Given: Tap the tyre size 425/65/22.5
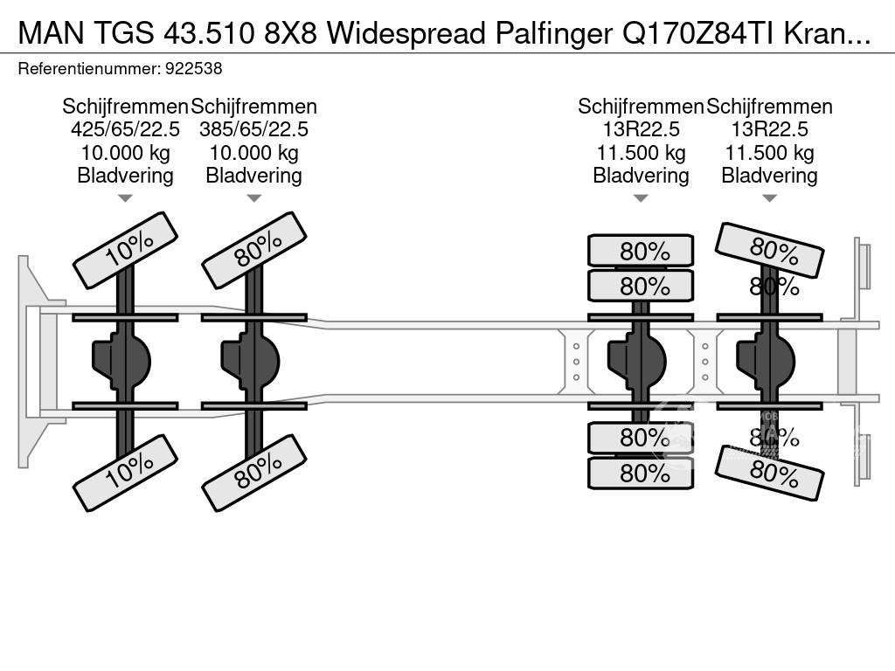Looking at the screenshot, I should pyautogui.click(x=125, y=129).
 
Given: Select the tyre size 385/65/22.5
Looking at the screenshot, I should pyautogui.click(x=253, y=129).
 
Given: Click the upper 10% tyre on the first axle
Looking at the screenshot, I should pyautogui.click(x=126, y=250).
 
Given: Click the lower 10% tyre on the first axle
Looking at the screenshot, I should pyautogui.click(x=126, y=473).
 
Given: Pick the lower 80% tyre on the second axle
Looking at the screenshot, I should pyautogui.click(x=254, y=473).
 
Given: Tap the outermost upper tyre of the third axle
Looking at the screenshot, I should pyautogui.click(x=641, y=251).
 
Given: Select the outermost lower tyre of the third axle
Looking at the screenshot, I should pyautogui.click(x=641, y=473).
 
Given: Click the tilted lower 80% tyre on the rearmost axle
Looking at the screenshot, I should pyautogui.click(x=770, y=473).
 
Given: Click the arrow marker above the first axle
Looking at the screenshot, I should pyautogui.click(x=125, y=198).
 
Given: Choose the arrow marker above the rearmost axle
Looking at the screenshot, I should pyautogui.click(x=769, y=198).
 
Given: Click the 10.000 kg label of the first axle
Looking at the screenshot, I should pyautogui.click(x=125, y=152).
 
